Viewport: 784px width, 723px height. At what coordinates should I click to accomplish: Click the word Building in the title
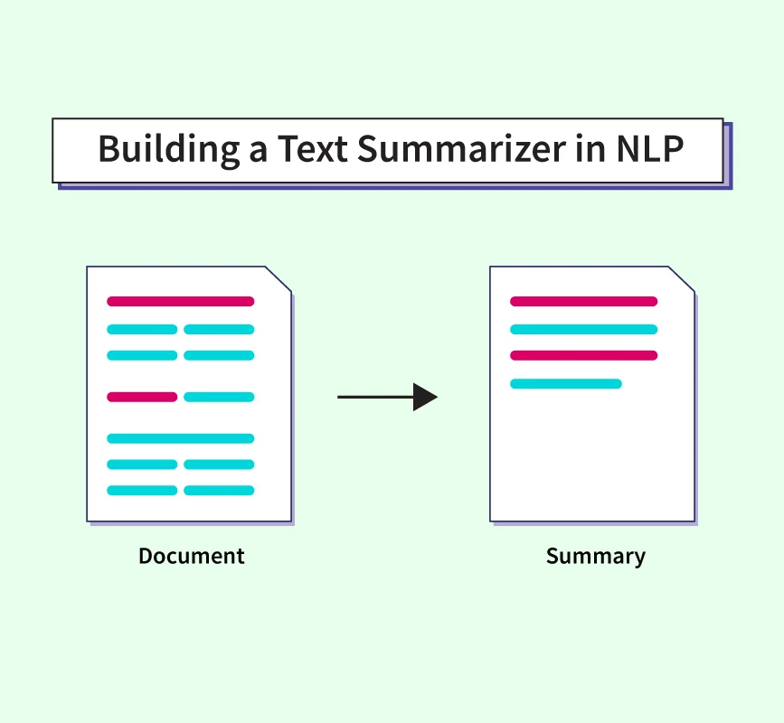[x=168, y=149]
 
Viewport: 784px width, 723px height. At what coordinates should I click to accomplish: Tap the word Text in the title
[x=313, y=149]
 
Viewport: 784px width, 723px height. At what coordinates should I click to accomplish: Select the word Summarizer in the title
[x=461, y=149]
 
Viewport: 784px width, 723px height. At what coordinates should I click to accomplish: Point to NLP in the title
[x=650, y=149]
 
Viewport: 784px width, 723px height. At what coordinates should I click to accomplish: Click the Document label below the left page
[x=192, y=556]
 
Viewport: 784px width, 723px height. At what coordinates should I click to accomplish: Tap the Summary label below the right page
[x=596, y=557]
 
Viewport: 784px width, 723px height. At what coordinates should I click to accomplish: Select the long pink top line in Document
[x=181, y=301]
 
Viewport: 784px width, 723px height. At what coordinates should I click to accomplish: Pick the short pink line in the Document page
[x=142, y=398]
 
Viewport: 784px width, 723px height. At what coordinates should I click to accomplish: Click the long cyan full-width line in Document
[x=181, y=438]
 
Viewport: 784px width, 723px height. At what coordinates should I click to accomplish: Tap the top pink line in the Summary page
[x=583, y=301]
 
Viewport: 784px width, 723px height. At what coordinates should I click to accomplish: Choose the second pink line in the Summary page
[x=583, y=356]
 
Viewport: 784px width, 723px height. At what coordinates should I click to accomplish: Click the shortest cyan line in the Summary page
[x=566, y=384]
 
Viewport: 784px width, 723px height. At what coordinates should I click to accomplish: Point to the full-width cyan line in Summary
[x=583, y=329]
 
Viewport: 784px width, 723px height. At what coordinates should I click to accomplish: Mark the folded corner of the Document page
[x=279, y=279]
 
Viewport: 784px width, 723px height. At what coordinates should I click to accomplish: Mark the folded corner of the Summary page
[x=682, y=279]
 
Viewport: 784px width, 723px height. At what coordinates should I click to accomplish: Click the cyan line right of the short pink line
[x=219, y=398]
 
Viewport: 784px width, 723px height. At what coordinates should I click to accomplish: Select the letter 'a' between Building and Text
[x=258, y=153]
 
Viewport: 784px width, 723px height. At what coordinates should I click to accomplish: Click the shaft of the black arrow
[x=375, y=398]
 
